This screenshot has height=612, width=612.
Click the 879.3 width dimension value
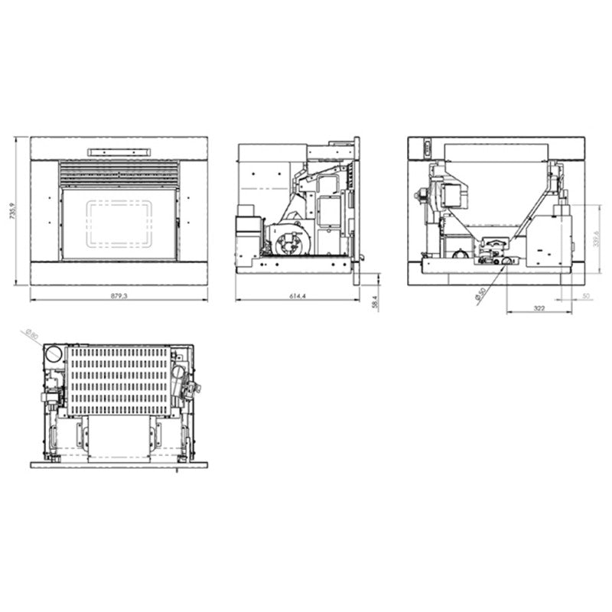119,296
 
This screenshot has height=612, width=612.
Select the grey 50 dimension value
586,295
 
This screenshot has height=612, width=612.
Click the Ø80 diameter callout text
31,335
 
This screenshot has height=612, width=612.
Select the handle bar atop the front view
119,151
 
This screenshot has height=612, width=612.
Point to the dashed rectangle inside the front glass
119,223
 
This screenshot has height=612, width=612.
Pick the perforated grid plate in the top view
119,379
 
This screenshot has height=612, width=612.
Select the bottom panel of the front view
119,272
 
